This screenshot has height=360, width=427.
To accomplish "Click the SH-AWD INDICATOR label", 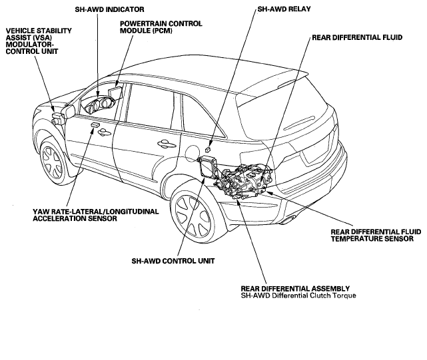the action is (109, 9).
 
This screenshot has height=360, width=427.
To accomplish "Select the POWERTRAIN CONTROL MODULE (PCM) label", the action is (161, 27).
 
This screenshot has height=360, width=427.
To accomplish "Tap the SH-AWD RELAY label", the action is (284, 9).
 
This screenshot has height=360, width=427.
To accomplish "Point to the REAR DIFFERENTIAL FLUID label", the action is (357, 37).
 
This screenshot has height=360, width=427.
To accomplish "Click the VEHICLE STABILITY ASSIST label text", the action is (39, 34).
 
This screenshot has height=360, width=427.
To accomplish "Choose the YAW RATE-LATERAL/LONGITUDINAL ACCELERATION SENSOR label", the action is (95, 215).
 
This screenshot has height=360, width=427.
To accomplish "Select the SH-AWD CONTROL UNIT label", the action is (173, 261).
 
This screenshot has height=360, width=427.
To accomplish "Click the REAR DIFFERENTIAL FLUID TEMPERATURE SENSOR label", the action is (376, 236).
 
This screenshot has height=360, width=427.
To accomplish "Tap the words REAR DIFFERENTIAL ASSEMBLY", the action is (295, 288).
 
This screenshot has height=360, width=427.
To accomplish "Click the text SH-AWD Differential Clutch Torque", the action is (298, 295).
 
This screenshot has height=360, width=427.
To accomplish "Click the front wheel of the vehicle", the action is (53, 162).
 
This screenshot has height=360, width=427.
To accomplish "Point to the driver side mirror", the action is (69, 112).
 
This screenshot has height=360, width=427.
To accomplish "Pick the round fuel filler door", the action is (193, 154).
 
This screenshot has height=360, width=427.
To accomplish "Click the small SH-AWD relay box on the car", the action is (208, 148).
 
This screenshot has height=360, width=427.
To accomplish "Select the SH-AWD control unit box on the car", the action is (207, 167).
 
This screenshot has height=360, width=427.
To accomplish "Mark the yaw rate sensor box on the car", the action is (95, 125).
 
